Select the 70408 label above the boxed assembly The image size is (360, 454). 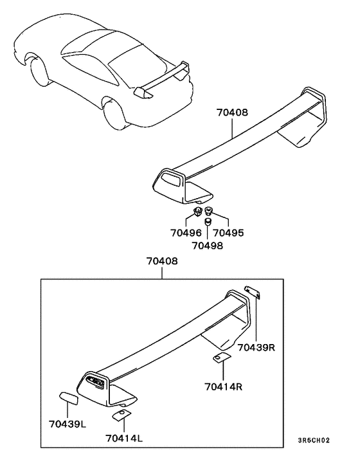click(x=162, y=262)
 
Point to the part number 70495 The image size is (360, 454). click(x=228, y=233)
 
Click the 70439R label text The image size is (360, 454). click(x=256, y=348)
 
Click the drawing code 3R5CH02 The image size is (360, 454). click(x=314, y=441)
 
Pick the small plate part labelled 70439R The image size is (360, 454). click(x=252, y=293)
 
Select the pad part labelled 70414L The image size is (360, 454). click(x=121, y=415)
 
